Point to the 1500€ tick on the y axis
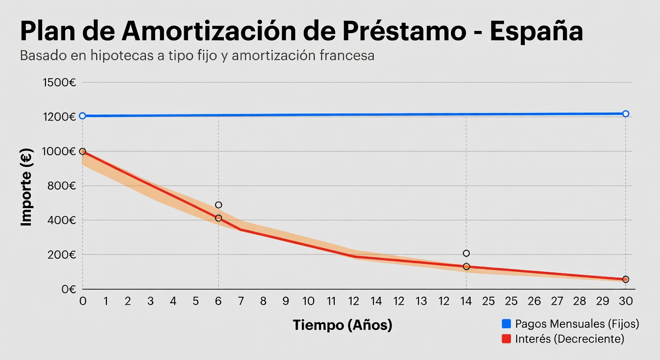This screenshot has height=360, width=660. click(59, 83)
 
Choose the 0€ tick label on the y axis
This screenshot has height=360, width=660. click(68, 289)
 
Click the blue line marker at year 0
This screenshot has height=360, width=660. click(82, 116)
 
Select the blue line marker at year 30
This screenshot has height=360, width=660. click(625, 114)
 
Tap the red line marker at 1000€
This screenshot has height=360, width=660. click(82, 151)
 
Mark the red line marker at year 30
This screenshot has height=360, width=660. click(625, 279)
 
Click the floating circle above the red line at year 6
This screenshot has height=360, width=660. click(218, 205)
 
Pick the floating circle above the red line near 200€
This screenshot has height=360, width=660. click(466, 254)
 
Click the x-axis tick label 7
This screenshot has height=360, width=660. click(241, 301)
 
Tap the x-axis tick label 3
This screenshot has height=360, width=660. click(150, 301)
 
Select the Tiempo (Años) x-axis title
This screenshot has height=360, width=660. click(342, 325)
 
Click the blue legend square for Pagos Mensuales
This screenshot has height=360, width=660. click(506, 323)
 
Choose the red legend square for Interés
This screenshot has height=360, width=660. click(506, 339)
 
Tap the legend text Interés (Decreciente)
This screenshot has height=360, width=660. click(570, 339)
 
